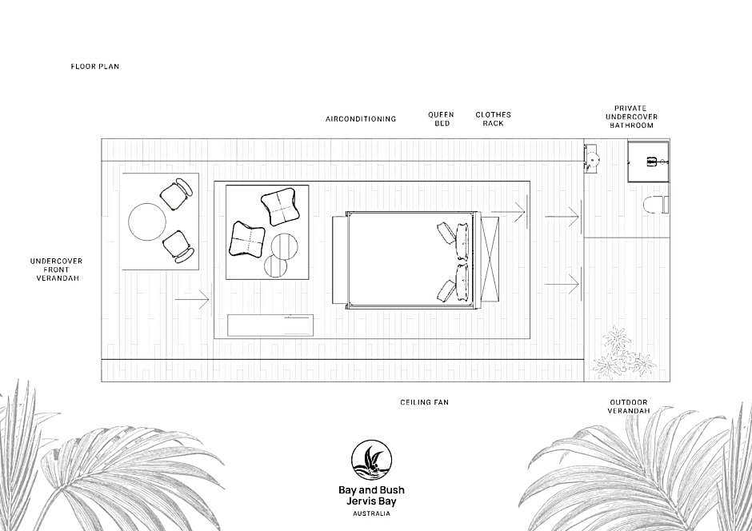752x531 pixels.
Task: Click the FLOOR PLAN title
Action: [x=95, y=66]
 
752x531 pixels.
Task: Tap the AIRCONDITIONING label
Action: [x=361, y=119]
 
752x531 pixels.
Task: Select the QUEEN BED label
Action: [x=442, y=119]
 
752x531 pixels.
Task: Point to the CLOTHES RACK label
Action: [x=493, y=119]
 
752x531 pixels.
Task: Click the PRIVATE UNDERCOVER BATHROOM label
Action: [x=631, y=117]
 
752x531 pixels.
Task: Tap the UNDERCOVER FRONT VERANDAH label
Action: [x=57, y=269]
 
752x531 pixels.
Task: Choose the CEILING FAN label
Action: [x=425, y=402]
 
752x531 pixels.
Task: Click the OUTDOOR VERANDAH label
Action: [x=629, y=406]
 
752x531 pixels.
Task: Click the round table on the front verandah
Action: [x=147, y=222]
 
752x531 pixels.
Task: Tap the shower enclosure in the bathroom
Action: [x=649, y=162]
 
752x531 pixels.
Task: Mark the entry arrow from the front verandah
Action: [x=192, y=300]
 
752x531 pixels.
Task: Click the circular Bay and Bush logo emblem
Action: [x=372, y=461]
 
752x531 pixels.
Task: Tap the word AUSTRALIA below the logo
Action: [x=372, y=513]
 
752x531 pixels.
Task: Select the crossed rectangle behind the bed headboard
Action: [x=490, y=259]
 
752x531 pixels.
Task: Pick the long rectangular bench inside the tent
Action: [x=270, y=325]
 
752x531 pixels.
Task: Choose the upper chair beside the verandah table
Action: [x=176, y=194]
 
